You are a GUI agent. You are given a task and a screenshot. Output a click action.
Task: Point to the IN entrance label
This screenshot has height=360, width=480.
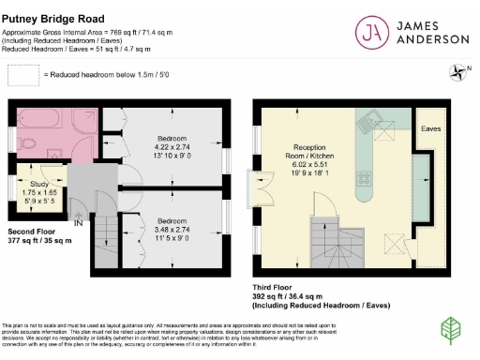[79, 224]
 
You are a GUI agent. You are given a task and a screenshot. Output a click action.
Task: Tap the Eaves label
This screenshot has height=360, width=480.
[431, 127]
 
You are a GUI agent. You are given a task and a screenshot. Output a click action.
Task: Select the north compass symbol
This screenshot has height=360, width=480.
[457, 69]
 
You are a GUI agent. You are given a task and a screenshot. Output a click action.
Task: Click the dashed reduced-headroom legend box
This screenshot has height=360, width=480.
[22, 74]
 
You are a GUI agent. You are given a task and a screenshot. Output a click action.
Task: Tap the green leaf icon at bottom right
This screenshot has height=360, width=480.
[452, 329]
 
